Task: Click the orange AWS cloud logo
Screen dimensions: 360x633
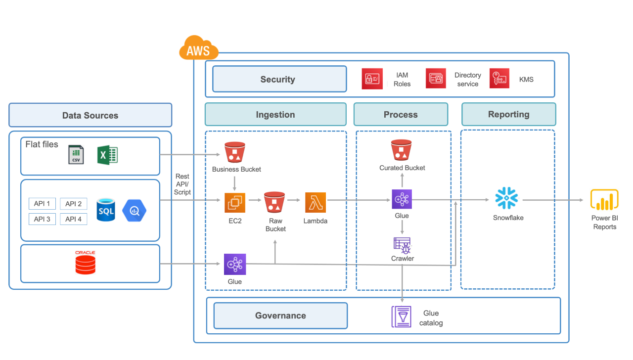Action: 198,48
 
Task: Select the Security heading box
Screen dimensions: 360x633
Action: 279,79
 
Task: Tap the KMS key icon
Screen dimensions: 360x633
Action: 499,79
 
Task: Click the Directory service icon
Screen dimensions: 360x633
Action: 436,79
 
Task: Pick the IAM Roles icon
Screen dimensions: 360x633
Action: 372,79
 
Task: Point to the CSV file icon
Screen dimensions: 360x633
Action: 76,155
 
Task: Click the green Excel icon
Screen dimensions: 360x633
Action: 107,155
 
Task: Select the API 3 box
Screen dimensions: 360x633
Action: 43,219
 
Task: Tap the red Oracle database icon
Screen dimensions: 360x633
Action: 85,263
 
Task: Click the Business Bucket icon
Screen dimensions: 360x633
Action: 235,152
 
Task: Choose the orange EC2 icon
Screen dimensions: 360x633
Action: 235,203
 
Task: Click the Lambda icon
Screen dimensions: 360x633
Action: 316,203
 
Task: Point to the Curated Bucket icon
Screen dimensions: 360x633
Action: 401,150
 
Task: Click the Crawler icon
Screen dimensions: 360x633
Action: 402,245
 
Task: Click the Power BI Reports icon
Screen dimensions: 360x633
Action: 604,200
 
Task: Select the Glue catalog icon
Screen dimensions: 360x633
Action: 401,316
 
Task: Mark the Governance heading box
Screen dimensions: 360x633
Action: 280,315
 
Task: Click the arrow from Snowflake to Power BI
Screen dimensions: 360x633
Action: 554,200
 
